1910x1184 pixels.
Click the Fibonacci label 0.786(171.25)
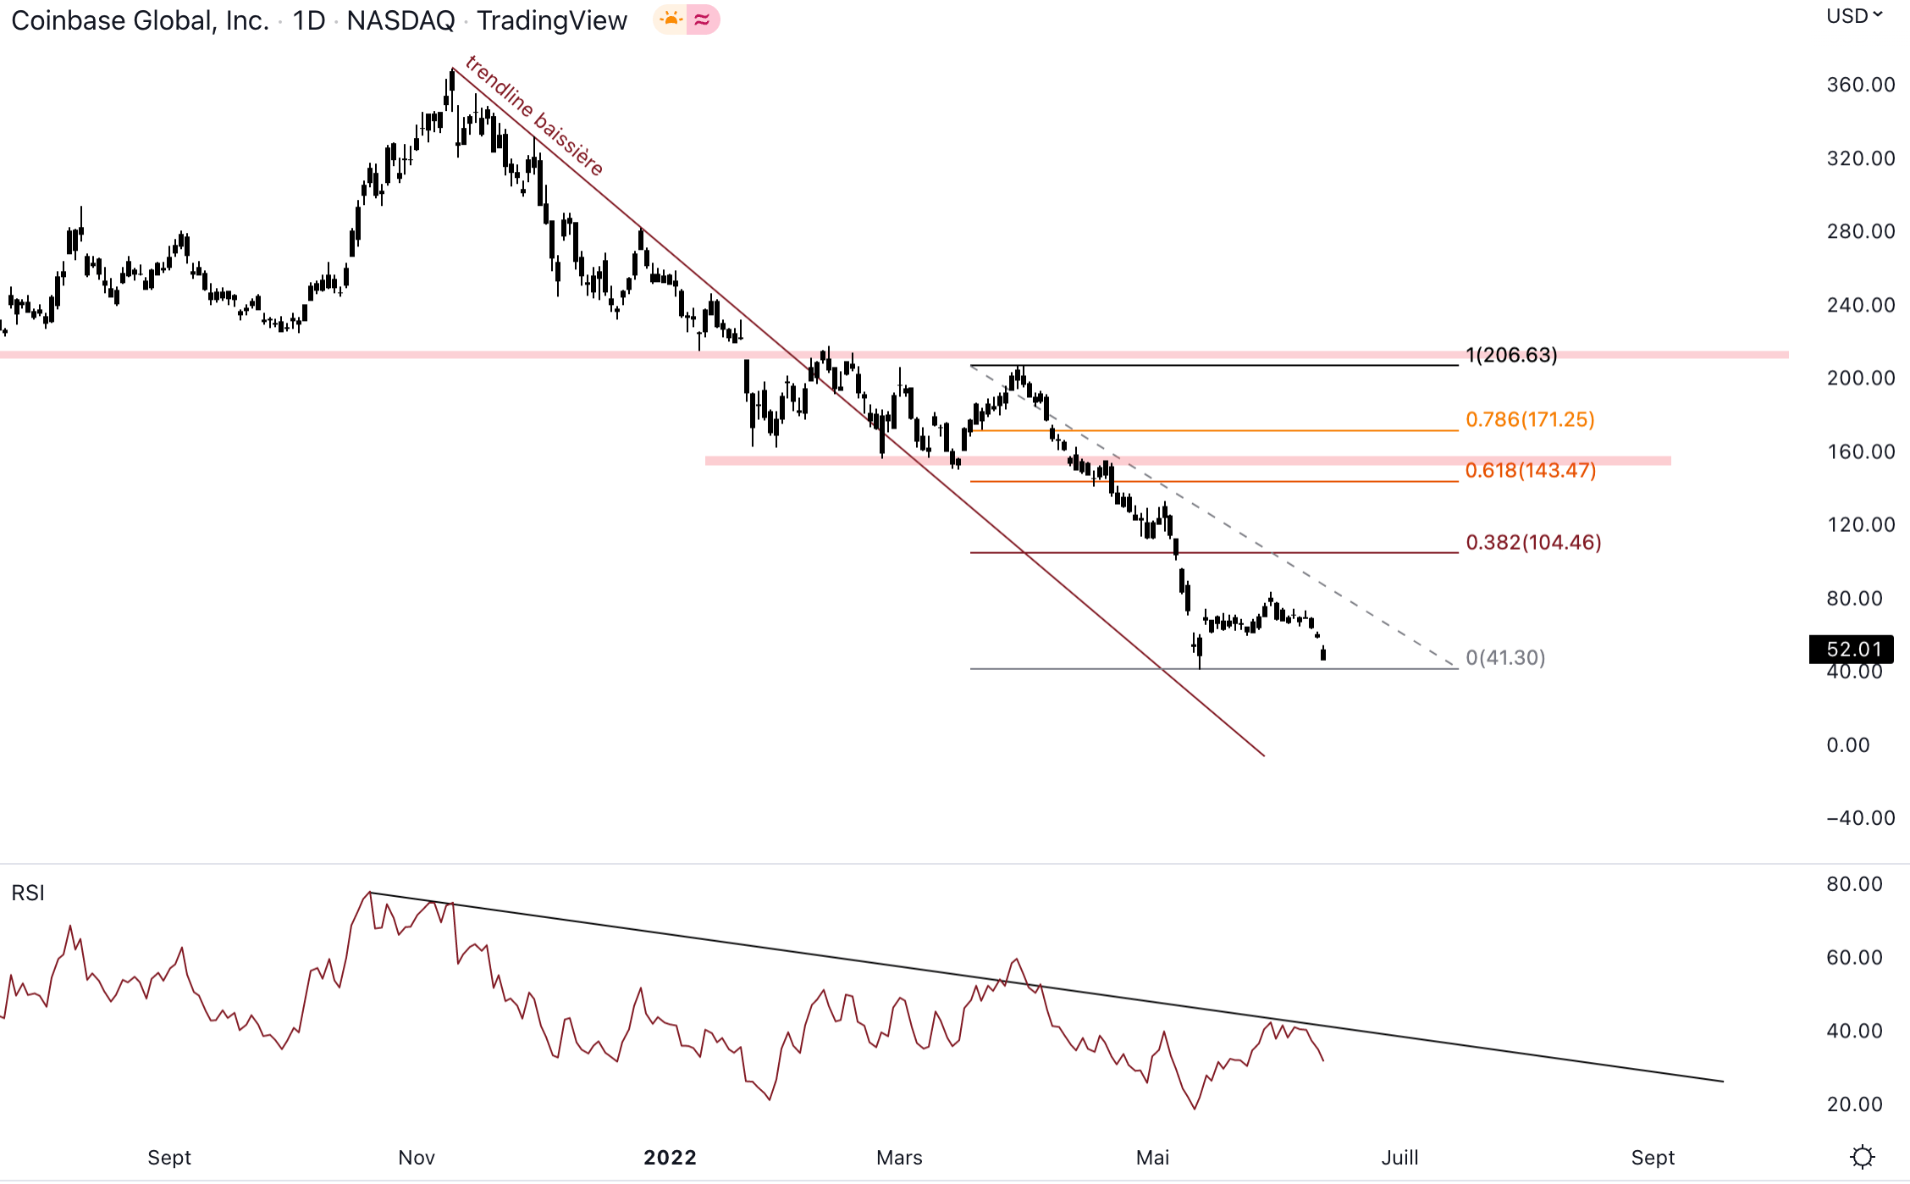tap(1529, 419)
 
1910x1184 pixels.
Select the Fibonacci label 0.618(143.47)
tap(1530, 470)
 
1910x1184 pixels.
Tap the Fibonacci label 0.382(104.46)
tap(1532, 542)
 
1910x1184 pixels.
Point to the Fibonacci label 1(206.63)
tap(1511, 355)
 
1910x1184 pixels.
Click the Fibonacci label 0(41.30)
tap(1504, 657)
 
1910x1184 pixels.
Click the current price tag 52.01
tap(1852, 649)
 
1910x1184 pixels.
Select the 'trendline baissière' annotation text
tap(534, 115)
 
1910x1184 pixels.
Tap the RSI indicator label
tap(28, 893)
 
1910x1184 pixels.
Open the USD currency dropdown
tap(1853, 16)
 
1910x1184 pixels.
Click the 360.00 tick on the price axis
tap(1860, 85)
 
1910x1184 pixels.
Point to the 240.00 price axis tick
tap(1860, 305)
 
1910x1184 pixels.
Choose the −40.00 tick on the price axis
tap(1860, 818)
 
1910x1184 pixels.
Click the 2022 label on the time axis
tap(670, 1157)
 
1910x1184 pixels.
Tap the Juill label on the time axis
tap(1399, 1157)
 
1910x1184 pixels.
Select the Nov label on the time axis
tap(417, 1157)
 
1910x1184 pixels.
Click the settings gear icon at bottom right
tap(1863, 1156)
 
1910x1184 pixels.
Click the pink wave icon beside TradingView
tap(702, 19)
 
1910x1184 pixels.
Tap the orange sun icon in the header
tap(671, 19)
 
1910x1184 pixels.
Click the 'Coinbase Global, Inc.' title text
tap(140, 20)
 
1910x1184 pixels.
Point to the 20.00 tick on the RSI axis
tap(1854, 1104)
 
